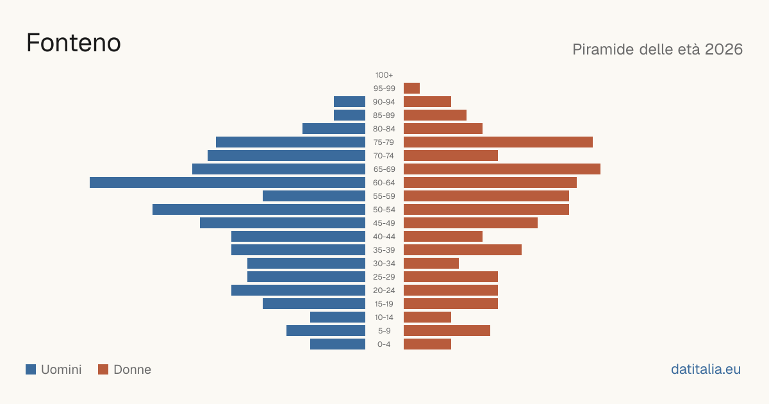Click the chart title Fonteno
(x=74, y=43)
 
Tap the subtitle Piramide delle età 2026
(x=657, y=49)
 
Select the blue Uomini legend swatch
(x=31, y=369)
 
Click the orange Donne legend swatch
(x=103, y=369)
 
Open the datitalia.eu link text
(x=706, y=369)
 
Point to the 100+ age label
(x=384, y=75)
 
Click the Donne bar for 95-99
(x=411, y=88)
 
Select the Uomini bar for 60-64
(x=227, y=182)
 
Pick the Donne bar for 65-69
(x=502, y=169)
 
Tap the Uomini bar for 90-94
(x=349, y=102)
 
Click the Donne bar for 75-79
(x=498, y=142)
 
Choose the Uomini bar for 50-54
(x=259, y=210)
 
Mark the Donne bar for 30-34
(x=431, y=264)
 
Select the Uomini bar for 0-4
(x=338, y=344)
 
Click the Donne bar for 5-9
(x=447, y=331)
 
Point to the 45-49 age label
(x=384, y=223)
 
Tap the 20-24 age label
(x=384, y=290)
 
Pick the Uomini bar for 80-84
(x=334, y=129)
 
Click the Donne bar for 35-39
(x=463, y=249)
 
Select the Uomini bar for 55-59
(x=314, y=196)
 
